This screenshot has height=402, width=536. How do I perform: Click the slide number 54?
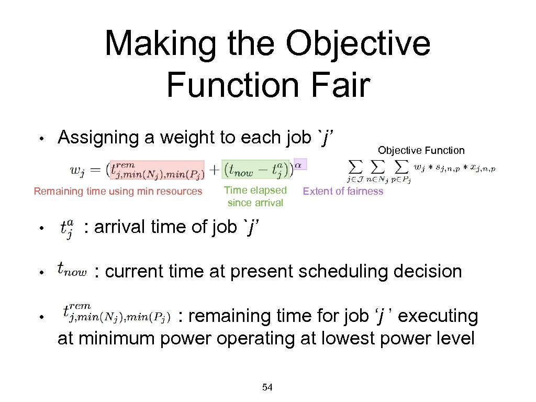click(x=267, y=387)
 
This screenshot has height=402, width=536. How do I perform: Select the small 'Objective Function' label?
click(x=421, y=150)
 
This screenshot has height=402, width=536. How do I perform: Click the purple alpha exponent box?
click(x=300, y=164)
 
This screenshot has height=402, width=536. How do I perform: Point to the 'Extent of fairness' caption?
click(x=343, y=191)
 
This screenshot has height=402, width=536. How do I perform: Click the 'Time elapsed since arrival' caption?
click(x=255, y=196)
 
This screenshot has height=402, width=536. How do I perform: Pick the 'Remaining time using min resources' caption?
click(x=118, y=191)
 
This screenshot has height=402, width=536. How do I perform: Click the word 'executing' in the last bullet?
click(x=439, y=316)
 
